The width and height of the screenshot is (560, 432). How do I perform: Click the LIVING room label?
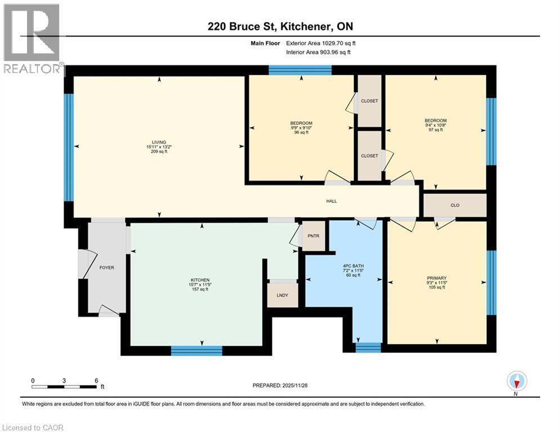coord(158,147)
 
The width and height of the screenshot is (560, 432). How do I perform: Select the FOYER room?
coord(106,268)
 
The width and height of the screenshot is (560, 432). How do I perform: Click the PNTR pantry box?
coord(314,236)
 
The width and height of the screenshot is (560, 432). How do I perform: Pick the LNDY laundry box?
coord(283,295)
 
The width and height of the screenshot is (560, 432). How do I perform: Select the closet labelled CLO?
coord(455,205)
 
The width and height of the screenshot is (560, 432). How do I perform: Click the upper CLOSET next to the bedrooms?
coord(369,101)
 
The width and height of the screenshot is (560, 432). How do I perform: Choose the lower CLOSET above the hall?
coord(369,156)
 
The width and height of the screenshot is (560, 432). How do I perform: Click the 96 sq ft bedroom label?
coord(301,127)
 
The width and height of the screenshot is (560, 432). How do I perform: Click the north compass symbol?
coord(516,382)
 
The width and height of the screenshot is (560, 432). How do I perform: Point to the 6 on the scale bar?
coord(96,380)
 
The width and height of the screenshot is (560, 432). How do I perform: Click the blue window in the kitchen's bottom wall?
coord(196,350)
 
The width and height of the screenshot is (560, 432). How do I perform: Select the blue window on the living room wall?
coord(69,147)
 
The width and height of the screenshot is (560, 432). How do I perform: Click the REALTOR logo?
coord(32,39)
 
